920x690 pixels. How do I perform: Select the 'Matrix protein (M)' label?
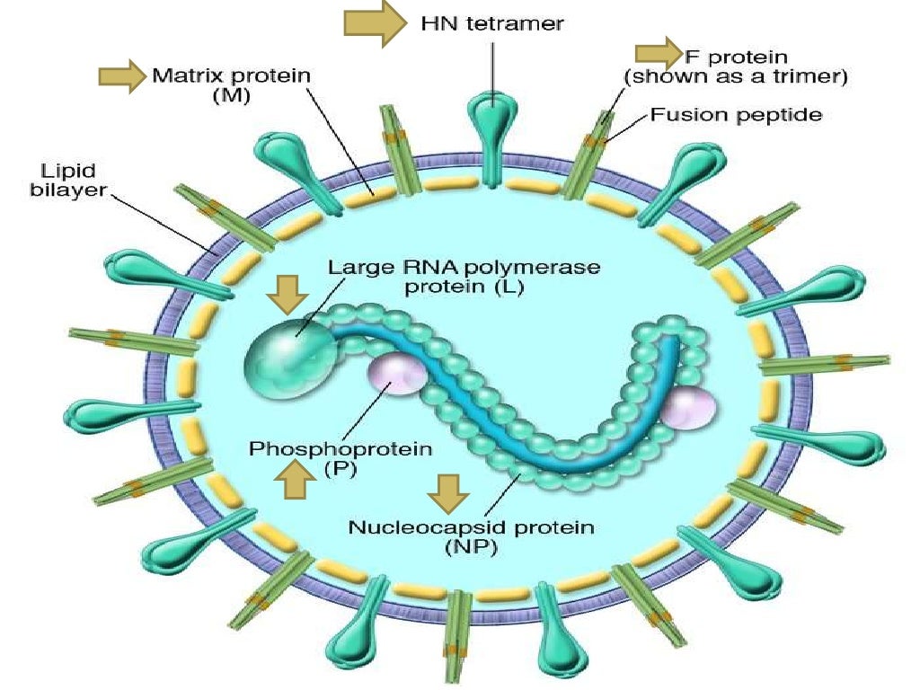pos(231,86)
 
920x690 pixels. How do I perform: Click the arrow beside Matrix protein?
pos(121,76)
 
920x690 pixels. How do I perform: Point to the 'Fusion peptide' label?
pos(736,115)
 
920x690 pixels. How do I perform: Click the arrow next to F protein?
pos(658,53)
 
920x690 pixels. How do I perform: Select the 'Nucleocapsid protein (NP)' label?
pos(471,537)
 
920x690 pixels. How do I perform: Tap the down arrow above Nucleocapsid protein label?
pos(447,491)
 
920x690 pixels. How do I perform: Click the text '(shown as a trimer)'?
pos(736,77)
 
